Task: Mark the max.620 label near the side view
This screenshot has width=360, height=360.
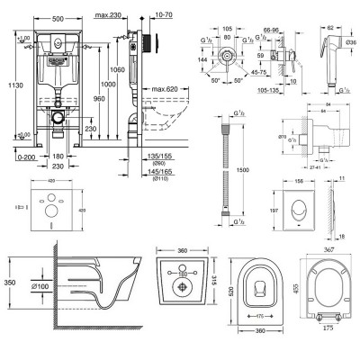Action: pyautogui.click(x=160, y=91)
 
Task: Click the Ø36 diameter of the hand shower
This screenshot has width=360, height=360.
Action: pyautogui.click(x=349, y=42)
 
